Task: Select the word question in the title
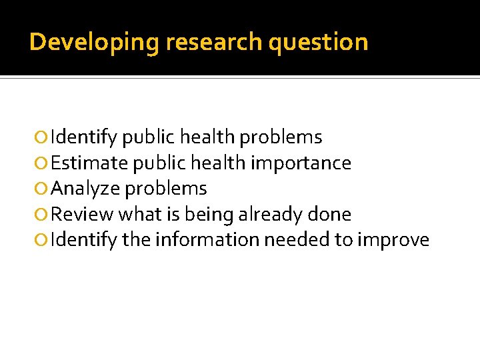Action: click(318, 42)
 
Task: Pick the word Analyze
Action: click(85, 189)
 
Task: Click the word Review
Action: click(82, 215)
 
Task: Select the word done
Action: click(330, 215)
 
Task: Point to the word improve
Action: click(393, 240)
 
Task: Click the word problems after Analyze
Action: click(166, 189)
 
